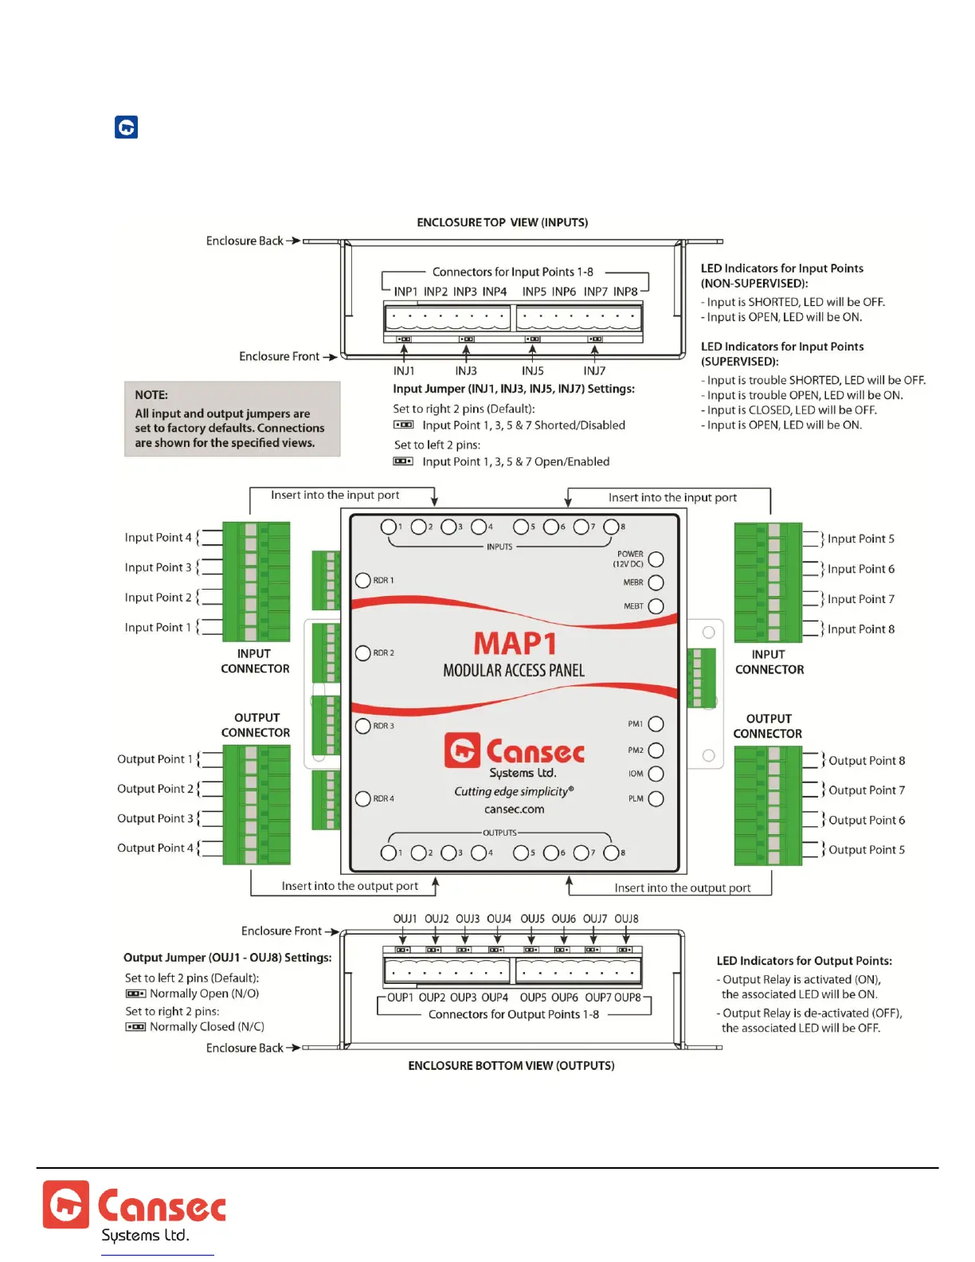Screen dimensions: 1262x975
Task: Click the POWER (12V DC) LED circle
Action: [656, 559]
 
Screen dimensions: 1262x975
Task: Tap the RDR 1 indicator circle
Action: [363, 580]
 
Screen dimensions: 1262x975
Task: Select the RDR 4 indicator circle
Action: [363, 798]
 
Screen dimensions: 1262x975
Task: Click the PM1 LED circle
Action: [656, 724]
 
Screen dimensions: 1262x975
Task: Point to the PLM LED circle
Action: [656, 799]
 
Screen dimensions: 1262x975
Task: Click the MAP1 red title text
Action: [515, 643]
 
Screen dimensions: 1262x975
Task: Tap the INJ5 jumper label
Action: [533, 370]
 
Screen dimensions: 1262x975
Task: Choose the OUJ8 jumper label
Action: [626, 919]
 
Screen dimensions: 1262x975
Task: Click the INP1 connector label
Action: [405, 292]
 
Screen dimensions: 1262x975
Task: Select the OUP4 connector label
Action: [495, 997]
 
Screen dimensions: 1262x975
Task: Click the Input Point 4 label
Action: [158, 538]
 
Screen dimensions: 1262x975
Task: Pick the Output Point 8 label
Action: [867, 761]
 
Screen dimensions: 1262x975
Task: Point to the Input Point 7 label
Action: [860, 599]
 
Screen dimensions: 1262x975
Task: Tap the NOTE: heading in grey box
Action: [151, 395]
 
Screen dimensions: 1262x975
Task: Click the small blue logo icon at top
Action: [127, 127]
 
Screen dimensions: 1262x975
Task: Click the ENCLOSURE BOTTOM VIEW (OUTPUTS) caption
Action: [511, 1066]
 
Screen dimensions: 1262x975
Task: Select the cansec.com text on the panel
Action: [514, 809]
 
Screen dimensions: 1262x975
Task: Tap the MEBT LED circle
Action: [656, 606]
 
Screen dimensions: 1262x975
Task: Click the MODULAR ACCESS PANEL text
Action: [514, 671]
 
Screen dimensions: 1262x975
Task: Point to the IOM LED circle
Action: [656, 774]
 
